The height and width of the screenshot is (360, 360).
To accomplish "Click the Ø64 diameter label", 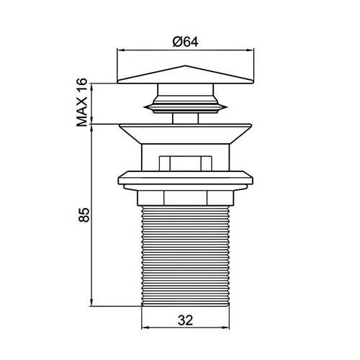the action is (x=185, y=42).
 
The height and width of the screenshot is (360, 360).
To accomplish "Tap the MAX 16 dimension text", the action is (x=82, y=102).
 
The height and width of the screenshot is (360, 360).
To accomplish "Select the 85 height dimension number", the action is (x=84, y=215).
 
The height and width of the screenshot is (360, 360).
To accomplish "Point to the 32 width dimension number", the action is (x=185, y=320).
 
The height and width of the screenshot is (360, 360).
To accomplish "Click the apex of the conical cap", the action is (x=185, y=66).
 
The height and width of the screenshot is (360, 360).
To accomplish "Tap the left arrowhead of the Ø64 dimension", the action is (x=120, y=50).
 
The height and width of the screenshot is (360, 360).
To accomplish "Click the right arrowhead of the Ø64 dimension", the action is (x=251, y=50).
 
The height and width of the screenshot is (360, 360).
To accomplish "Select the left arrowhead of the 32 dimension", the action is (x=145, y=328).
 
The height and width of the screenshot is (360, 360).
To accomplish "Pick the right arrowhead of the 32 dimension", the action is (x=226, y=328).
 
